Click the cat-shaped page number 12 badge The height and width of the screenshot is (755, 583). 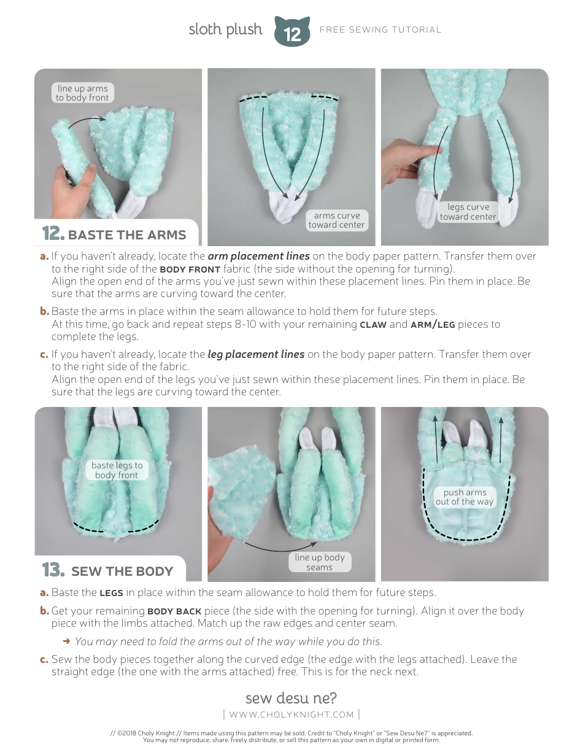click(x=292, y=33)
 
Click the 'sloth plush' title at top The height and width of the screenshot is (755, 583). click(x=225, y=29)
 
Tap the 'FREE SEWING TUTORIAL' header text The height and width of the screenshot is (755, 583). click(x=380, y=29)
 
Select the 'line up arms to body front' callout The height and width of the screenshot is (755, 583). click(x=82, y=93)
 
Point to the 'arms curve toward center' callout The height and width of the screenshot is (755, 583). click(x=336, y=220)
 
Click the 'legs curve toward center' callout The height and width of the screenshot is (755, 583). click(x=468, y=212)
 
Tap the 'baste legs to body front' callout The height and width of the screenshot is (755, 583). click(x=117, y=470)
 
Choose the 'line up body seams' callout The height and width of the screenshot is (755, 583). click(x=319, y=562)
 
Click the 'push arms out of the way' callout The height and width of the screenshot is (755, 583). click(x=465, y=497)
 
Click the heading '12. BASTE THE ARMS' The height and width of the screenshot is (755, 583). click(x=114, y=234)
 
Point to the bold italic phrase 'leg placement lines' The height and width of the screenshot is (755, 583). click(x=256, y=354)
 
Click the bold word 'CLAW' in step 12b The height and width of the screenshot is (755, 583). click(x=373, y=325)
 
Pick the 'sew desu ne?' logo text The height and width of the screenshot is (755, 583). click(x=291, y=699)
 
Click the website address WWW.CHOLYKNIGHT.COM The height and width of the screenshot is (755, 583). click(x=291, y=714)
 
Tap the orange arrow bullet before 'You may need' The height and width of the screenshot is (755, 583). click(x=66, y=641)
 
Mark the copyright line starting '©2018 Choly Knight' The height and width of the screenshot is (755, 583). click(x=291, y=733)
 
